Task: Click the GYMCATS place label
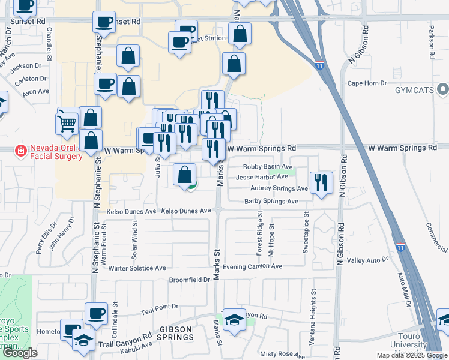pos(414,90)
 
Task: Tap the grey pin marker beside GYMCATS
pos(444,90)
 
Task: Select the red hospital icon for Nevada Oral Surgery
pos(21,150)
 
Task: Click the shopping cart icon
pos(67,122)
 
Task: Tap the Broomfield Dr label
pos(189,280)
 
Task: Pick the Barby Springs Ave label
pos(271,202)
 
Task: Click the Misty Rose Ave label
pos(282,355)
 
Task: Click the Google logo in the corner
pos(20,353)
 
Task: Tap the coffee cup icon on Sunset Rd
pos(103,22)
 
